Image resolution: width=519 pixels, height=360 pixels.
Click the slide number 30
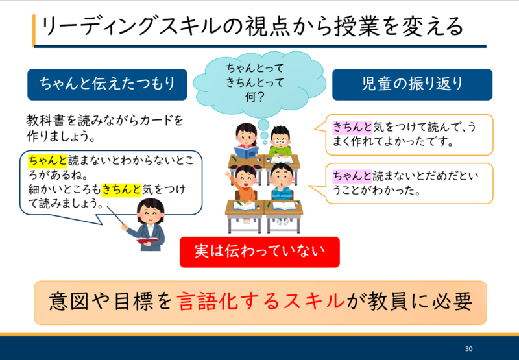tap(468, 348)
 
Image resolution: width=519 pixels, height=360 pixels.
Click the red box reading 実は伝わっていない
tap(259, 252)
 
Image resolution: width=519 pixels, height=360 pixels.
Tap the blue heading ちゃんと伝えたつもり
tap(107, 84)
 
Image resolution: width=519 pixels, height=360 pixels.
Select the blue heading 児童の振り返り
tap(412, 84)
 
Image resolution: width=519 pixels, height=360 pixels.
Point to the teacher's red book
tap(147, 240)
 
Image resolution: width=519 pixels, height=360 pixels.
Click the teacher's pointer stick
tap(116, 216)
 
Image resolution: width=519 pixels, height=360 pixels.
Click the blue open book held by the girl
tap(247, 152)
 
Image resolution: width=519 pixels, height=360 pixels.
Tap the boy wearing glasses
tap(280, 141)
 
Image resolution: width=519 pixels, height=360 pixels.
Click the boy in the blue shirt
tap(282, 182)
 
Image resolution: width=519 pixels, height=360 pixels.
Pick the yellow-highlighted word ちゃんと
tap(48, 160)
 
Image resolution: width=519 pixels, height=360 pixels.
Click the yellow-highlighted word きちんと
tap(121, 189)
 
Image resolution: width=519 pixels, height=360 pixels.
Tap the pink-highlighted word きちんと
tap(352, 127)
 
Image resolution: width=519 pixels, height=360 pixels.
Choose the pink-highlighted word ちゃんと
tap(352, 176)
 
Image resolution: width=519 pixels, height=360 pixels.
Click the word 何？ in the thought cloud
tap(254, 97)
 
